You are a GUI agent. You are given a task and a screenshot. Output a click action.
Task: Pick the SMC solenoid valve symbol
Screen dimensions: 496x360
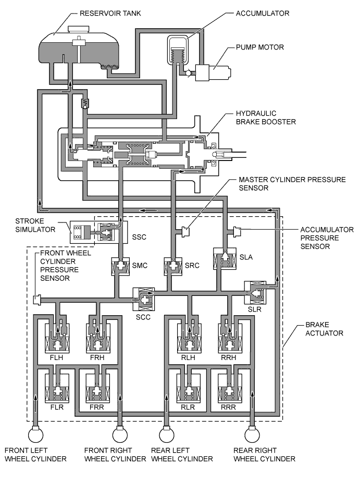point(120,267)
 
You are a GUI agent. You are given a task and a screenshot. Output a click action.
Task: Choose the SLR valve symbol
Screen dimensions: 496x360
point(255,293)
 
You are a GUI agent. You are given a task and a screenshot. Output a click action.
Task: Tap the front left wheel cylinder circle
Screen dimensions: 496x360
point(35,433)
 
